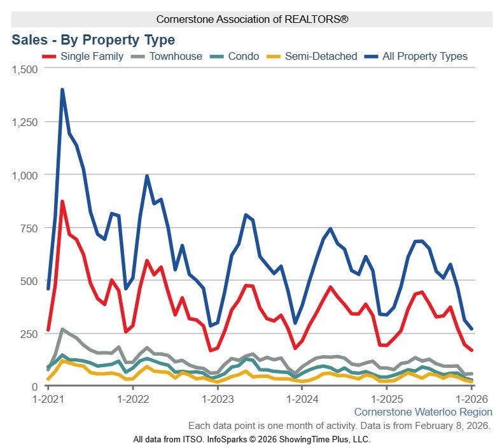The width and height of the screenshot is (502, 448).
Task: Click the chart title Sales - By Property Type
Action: coord(93,40)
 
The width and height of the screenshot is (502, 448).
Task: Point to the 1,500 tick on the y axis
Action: coord(25,69)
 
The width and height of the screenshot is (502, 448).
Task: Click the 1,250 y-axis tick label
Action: coord(25,122)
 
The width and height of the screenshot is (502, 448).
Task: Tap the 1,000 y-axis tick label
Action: coord(25,174)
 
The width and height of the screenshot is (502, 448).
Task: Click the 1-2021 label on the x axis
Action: coord(48,399)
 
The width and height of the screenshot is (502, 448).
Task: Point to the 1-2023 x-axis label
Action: coord(218,399)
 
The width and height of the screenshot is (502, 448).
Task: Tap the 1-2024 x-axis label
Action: coord(303,399)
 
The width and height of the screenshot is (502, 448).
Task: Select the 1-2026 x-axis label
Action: coord(472,399)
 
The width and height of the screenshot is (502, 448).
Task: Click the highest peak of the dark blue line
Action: coord(62,90)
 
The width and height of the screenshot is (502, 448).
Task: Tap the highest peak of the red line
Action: coord(62,202)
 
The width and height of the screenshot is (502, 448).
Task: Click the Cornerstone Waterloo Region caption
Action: coord(423,412)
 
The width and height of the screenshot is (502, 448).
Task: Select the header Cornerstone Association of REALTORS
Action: coord(252,20)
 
